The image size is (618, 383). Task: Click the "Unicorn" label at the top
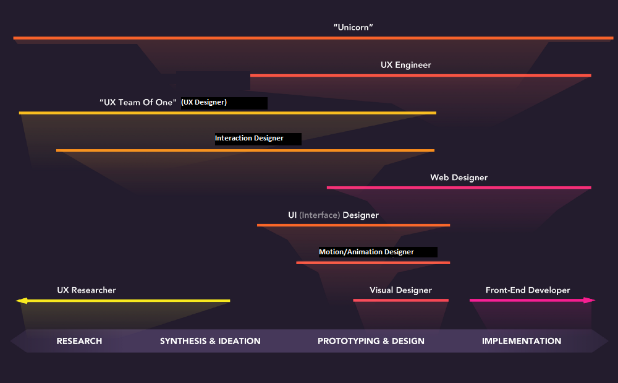coord(353,27)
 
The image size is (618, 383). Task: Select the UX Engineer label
coord(405,64)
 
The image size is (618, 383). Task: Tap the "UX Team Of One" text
coord(138,103)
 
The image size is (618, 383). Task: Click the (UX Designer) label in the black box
coord(204,103)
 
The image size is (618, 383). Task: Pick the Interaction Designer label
coord(249,139)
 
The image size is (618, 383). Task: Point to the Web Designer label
coord(459,178)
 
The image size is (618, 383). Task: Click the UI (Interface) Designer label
coord(333,215)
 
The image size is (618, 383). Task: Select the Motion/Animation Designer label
coord(366,252)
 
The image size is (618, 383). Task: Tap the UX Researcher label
coord(87,290)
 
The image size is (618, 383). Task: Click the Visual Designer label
coord(400,290)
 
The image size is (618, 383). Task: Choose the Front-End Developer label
coord(528,290)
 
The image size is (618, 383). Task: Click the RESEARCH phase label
coord(79,341)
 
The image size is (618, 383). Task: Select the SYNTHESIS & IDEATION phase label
coord(210,341)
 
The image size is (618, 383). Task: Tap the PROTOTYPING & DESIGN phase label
coord(371,341)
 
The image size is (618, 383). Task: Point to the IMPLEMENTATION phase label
coord(522,341)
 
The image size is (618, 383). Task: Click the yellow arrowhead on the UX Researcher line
coord(22,301)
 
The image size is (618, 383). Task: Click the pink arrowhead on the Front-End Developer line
coord(589,301)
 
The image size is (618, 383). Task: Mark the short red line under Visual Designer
coord(400,300)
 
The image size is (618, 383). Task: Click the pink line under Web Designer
coord(459,187)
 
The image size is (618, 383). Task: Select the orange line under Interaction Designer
coord(245,150)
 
